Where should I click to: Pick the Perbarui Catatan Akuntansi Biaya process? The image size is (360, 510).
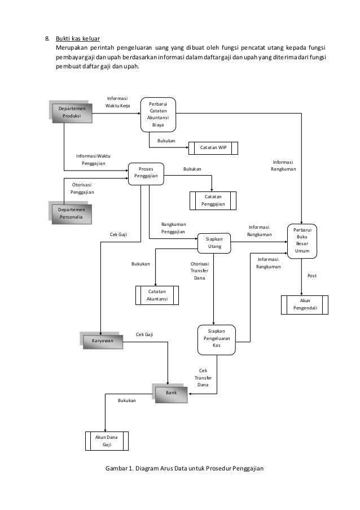click(x=158, y=115)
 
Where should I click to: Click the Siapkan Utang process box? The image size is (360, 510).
click(x=214, y=243)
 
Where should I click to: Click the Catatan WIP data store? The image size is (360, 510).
click(x=213, y=148)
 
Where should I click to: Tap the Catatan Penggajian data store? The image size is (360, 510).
click(x=213, y=200)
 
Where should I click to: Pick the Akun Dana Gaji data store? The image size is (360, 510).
click(x=107, y=441)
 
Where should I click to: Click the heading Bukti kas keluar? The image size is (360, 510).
click(x=77, y=39)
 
